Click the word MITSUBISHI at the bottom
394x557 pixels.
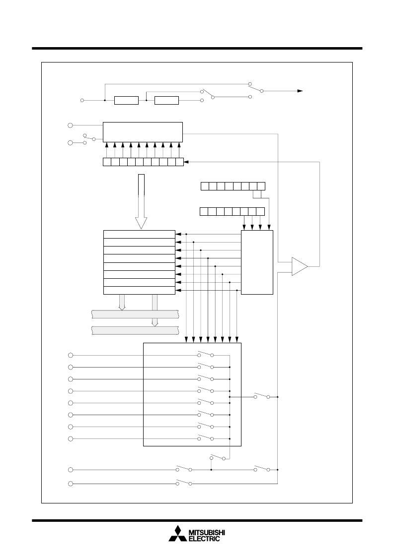206,533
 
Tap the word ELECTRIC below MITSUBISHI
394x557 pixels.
204,539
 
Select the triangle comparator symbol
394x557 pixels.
300,266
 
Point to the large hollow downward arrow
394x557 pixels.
141,201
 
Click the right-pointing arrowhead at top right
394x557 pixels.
300,91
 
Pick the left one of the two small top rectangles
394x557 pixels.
126,100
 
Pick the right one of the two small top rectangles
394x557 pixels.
166,100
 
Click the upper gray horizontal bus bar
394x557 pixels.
135,314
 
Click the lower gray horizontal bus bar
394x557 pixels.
135,330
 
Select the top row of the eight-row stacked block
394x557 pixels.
139,235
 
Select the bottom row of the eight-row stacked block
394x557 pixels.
139,291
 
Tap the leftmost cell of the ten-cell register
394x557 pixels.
107,162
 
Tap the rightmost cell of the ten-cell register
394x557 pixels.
179,162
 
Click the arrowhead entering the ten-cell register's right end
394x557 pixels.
186,162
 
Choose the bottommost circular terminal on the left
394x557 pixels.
71,484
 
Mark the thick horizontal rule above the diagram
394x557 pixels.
197,48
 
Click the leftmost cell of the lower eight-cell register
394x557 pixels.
204,211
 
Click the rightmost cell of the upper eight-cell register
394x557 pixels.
261,186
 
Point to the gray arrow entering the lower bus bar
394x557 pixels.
155,310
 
